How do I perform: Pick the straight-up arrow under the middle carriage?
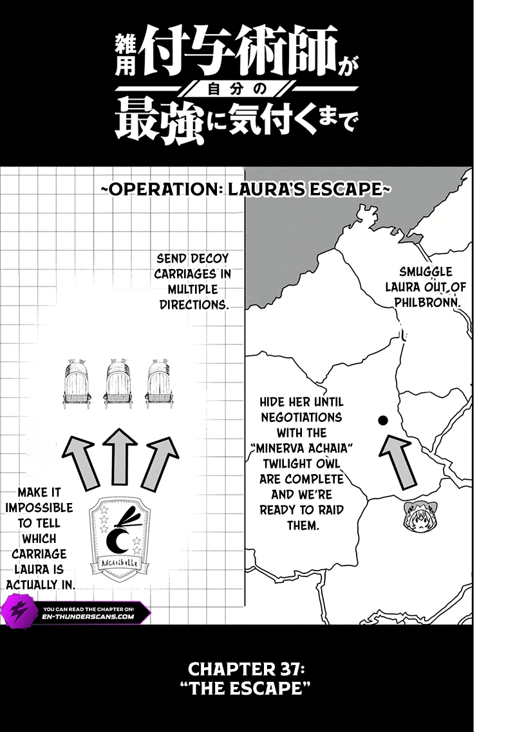[x=120, y=456]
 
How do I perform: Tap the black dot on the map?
[x=383, y=420]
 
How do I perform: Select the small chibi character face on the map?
[x=419, y=515]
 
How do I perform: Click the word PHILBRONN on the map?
[x=427, y=302]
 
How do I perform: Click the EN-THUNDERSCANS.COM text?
[x=91, y=616]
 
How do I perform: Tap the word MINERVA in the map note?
[x=284, y=448]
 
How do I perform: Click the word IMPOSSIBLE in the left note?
[x=39, y=508]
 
